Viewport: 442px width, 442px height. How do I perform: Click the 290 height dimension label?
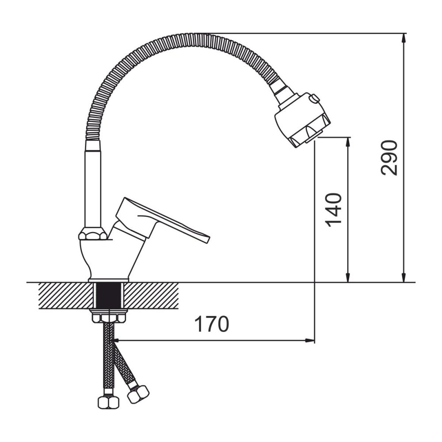(389, 158)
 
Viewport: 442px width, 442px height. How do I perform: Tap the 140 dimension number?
(333, 210)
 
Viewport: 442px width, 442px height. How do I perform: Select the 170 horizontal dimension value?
(212, 324)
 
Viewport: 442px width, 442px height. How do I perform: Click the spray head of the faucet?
(302, 120)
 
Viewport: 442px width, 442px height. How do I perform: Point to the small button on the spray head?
(314, 99)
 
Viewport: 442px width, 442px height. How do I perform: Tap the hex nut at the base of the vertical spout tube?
(93, 233)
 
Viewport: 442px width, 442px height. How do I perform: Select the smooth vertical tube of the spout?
(93, 183)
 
